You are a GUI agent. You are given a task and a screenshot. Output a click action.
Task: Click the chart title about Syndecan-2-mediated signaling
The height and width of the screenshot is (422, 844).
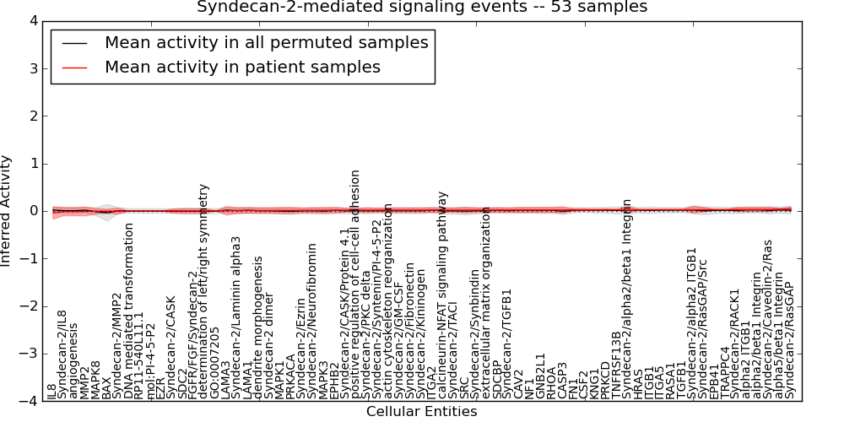click(422, 8)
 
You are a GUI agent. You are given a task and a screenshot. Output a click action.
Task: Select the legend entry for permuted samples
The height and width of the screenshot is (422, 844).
click(266, 42)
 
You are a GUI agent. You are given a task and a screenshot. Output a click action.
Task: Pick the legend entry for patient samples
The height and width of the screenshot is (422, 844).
click(242, 67)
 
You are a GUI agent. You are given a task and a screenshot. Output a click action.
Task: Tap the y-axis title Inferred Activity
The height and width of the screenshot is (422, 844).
click(7, 211)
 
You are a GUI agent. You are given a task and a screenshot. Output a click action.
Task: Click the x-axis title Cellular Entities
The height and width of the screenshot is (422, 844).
click(421, 412)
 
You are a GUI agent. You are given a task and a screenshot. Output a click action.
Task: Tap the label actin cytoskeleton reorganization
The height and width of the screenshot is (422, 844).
click(389, 300)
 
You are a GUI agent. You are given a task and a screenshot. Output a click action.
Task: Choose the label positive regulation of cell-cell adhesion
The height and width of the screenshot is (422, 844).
click(356, 284)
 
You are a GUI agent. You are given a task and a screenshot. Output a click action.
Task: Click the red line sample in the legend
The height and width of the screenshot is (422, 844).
click(74, 67)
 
